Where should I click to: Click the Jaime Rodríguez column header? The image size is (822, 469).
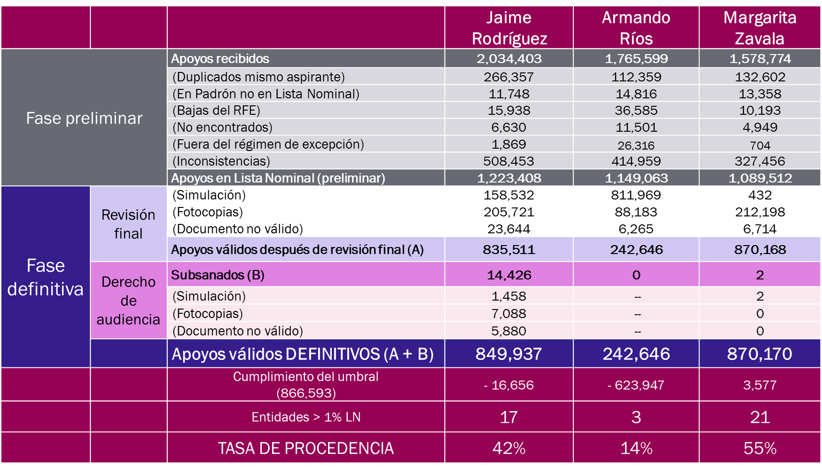click(x=509, y=28)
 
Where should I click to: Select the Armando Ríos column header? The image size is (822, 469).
click(x=636, y=28)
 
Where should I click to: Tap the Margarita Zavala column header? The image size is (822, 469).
click(x=759, y=28)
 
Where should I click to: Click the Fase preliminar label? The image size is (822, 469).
click(x=84, y=118)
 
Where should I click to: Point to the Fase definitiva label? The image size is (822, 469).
click(x=46, y=277)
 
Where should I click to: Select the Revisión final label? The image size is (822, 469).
click(x=128, y=224)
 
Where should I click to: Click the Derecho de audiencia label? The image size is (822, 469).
click(x=128, y=300)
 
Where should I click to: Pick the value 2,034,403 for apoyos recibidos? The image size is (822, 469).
click(x=509, y=59)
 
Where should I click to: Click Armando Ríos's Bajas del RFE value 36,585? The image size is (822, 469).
click(x=636, y=111)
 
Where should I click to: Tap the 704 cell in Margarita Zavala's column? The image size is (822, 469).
click(x=760, y=145)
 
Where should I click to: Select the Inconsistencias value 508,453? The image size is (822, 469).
click(x=509, y=161)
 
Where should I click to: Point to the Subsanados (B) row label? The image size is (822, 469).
click(x=218, y=275)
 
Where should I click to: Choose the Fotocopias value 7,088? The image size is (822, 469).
click(x=509, y=314)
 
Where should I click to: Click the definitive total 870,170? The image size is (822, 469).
click(x=759, y=354)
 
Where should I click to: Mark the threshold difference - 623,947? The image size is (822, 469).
click(x=636, y=385)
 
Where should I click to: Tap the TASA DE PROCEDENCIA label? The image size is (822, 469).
click(x=305, y=448)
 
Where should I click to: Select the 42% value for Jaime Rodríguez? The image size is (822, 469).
click(x=509, y=448)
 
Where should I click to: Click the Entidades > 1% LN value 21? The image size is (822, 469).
click(x=759, y=417)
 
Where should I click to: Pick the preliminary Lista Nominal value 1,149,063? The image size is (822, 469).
click(x=636, y=178)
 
